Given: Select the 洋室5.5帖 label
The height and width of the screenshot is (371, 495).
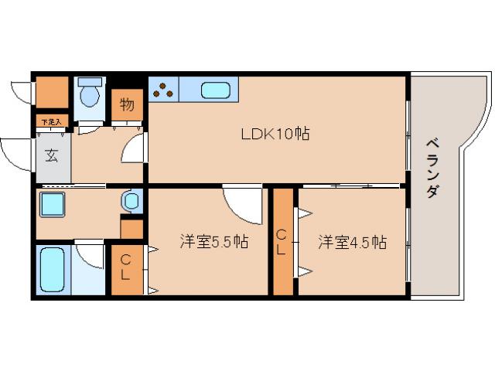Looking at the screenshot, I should pyautogui.click(x=213, y=242).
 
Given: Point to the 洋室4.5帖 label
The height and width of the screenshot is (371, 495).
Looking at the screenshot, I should pyautogui.click(x=352, y=242).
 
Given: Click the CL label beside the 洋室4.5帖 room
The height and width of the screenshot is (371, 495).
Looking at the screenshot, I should pyautogui.click(x=283, y=241).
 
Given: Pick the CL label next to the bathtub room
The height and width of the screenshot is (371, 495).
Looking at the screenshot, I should pyautogui.click(x=125, y=268).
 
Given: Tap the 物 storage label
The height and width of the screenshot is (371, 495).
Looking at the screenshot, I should pyautogui.click(x=127, y=104).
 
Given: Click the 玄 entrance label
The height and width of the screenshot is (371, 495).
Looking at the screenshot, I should pyautogui.click(x=51, y=155).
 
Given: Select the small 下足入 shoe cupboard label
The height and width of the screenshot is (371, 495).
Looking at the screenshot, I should pyautogui.click(x=52, y=121).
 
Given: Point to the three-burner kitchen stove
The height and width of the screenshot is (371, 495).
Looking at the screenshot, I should pyautogui.click(x=163, y=90).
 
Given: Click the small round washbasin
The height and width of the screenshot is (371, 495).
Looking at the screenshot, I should pyautogui.click(x=130, y=202).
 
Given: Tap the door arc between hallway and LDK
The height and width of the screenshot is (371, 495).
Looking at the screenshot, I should pyautogui.click(x=133, y=147).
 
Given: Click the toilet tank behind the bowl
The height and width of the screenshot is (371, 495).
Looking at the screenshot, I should pyautogui.click(x=91, y=81).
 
